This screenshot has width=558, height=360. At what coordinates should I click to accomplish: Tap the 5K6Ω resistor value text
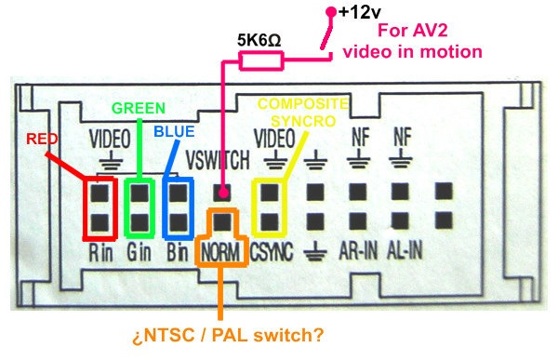[260, 43]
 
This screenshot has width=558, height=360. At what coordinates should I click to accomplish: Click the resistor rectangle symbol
[261, 61]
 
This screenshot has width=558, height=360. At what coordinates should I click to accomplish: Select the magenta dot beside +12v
[330, 13]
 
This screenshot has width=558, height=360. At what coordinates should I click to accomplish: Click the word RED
[43, 140]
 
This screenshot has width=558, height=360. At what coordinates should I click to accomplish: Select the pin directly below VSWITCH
[222, 193]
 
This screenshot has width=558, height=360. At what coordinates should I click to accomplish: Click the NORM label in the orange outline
[221, 252]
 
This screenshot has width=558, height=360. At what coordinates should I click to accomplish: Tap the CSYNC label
[270, 252]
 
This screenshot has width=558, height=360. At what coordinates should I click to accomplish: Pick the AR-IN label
[357, 251]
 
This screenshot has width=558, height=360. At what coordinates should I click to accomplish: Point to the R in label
[100, 251]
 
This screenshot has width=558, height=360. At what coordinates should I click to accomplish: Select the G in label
[139, 251]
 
